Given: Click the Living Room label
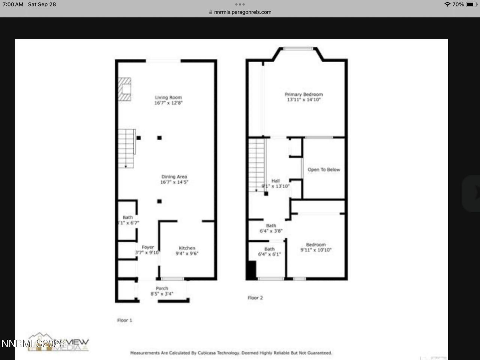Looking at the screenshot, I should (x=168, y=100).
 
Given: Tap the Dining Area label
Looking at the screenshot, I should (x=174, y=179).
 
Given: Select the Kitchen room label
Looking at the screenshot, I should (x=187, y=250).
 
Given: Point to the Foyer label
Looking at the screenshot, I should (x=148, y=250).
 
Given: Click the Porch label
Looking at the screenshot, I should (x=162, y=291).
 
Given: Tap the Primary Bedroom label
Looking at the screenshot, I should (x=304, y=97).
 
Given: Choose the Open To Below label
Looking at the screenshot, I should (x=324, y=169).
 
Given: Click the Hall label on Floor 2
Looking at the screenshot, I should (x=276, y=183).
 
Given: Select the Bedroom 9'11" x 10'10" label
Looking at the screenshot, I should (x=316, y=247).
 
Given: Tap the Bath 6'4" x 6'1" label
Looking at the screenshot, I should (x=269, y=252).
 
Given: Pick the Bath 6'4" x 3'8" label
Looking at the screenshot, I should (x=271, y=228).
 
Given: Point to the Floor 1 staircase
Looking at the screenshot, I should (x=126, y=148).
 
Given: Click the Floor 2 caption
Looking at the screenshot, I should (x=255, y=298).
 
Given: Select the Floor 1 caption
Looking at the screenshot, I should (x=124, y=320).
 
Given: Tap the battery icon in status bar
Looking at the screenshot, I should (x=471, y=4).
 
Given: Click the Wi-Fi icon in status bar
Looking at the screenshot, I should (x=447, y=4).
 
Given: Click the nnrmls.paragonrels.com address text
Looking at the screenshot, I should (x=243, y=12).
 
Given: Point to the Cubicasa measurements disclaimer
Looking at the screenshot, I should (x=231, y=353).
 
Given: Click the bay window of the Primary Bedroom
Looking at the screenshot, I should (x=298, y=48).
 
